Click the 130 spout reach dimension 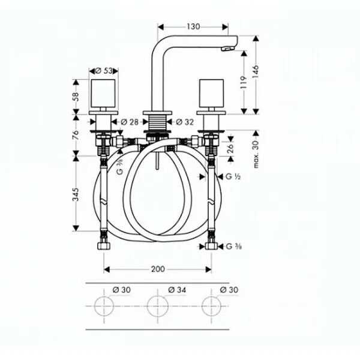click(x=193, y=26)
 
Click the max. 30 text click(x=257, y=151)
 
